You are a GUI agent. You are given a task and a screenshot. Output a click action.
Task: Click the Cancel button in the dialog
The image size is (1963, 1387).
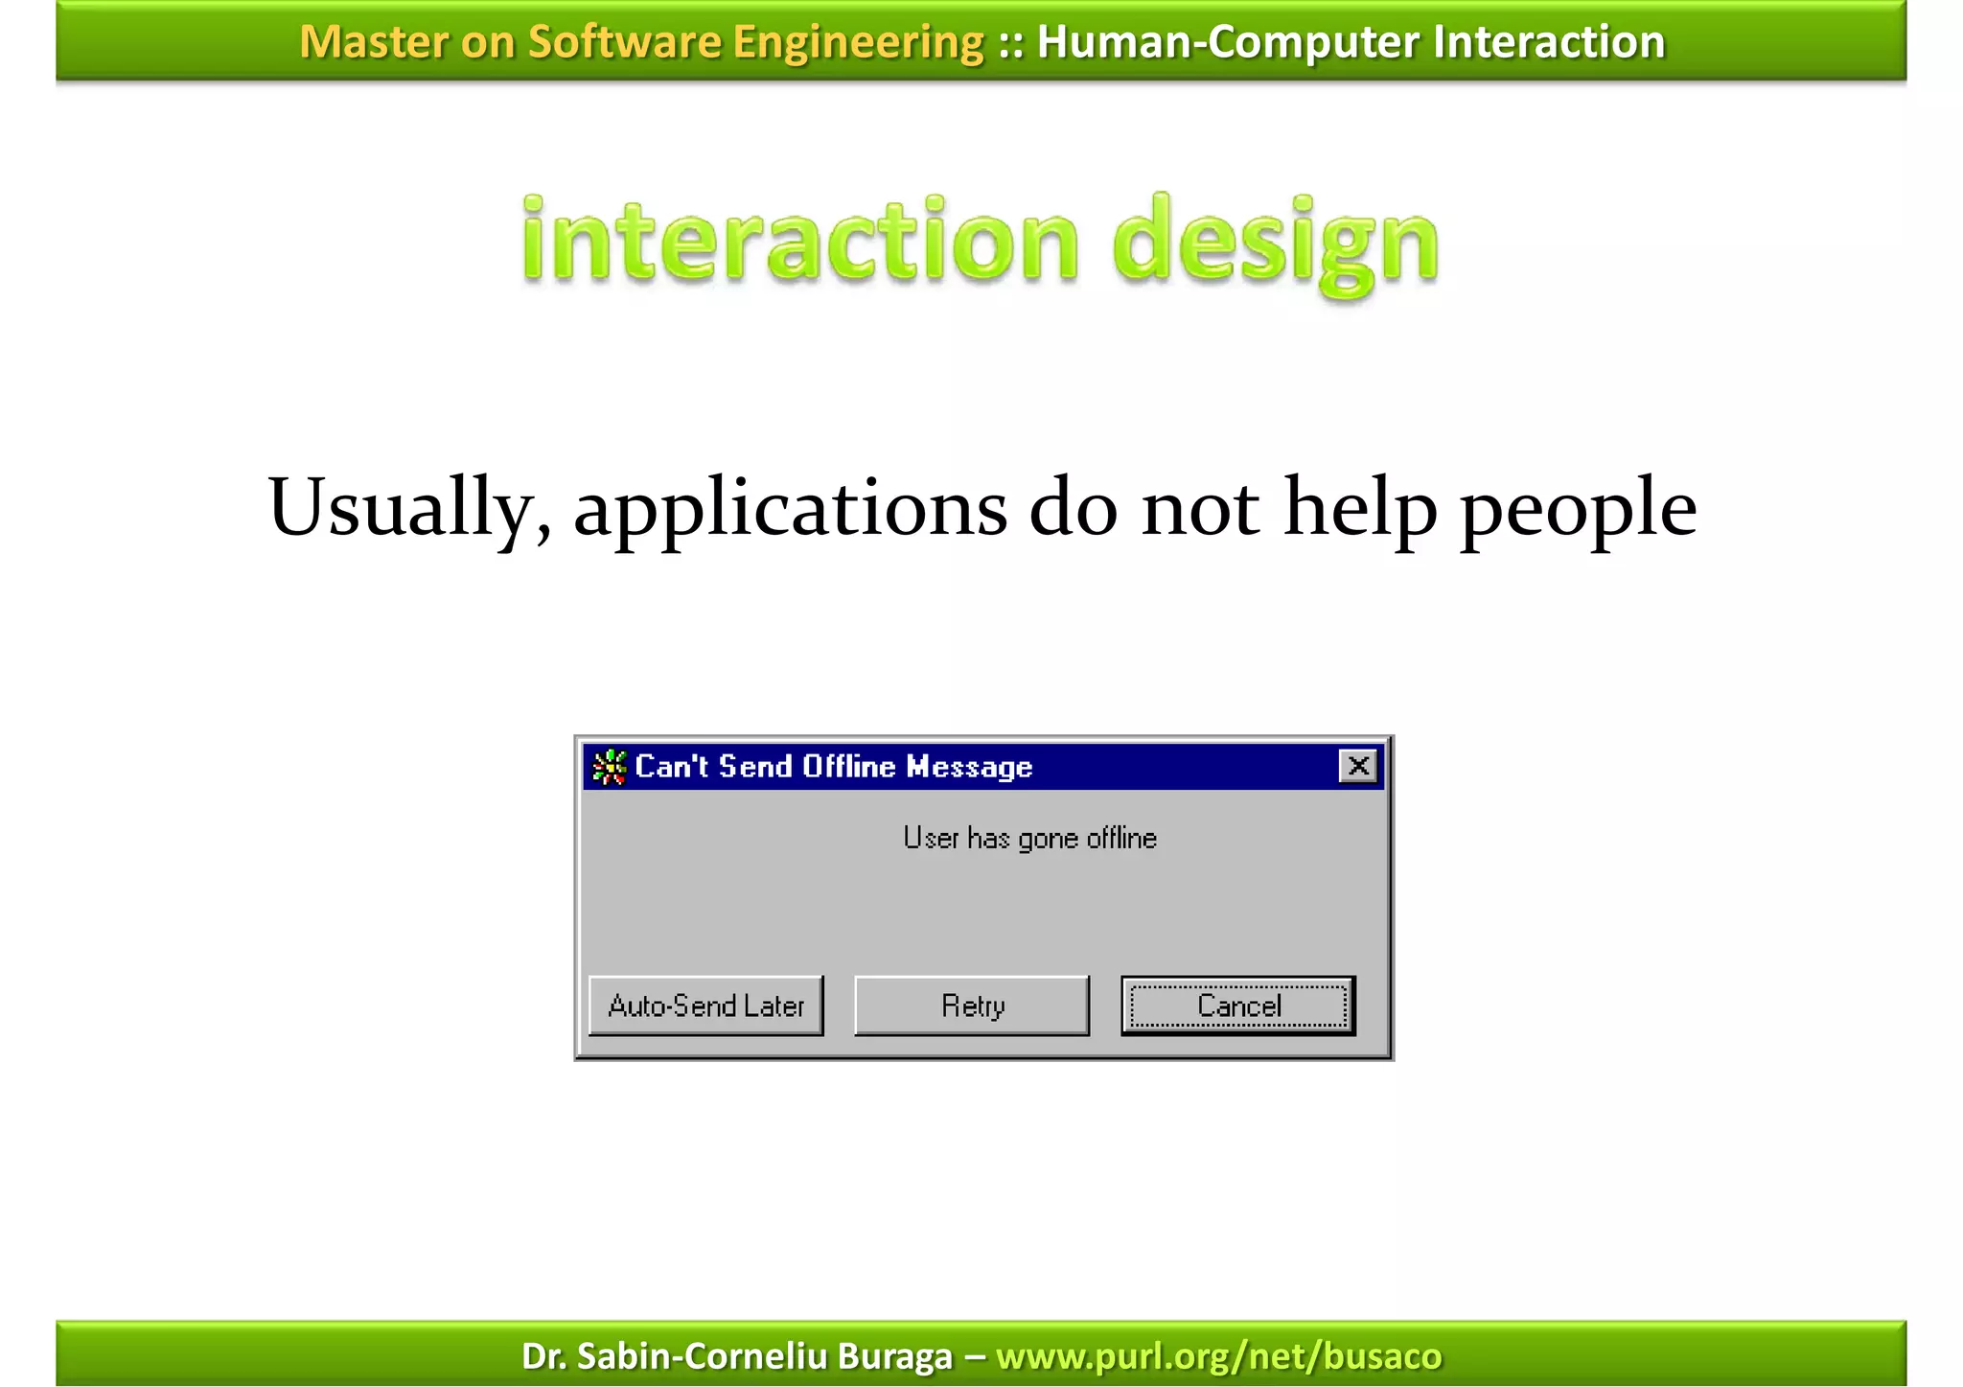(x=1237, y=1006)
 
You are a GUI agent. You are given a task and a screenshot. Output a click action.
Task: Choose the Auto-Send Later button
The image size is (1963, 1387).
(x=705, y=1006)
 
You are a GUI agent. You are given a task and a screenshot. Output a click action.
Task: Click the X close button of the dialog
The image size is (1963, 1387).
(x=1357, y=766)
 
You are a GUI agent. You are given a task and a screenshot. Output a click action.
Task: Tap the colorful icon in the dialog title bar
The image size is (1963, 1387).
(x=609, y=767)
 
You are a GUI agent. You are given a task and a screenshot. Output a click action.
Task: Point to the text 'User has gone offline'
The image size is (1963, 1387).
(x=1029, y=839)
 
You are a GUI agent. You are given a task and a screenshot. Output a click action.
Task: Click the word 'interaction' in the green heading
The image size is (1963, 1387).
(x=800, y=240)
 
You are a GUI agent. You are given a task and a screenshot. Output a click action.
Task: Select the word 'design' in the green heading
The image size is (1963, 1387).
(x=1275, y=242)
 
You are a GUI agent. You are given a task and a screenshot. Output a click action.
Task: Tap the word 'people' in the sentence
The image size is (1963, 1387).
(x=1578, y=510)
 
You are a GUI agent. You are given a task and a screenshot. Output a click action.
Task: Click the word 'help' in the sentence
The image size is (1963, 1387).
(x=1360, y=508)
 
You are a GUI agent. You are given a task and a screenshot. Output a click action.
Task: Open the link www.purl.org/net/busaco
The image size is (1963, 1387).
(x=1218, y=1356)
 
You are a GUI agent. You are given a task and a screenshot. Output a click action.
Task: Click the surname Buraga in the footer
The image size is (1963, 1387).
(x=894, y=1356)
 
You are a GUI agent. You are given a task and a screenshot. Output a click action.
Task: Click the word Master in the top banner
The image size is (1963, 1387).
(x=372, y=42)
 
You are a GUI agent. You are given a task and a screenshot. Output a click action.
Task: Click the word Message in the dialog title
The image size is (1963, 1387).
(x=969, y=767)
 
